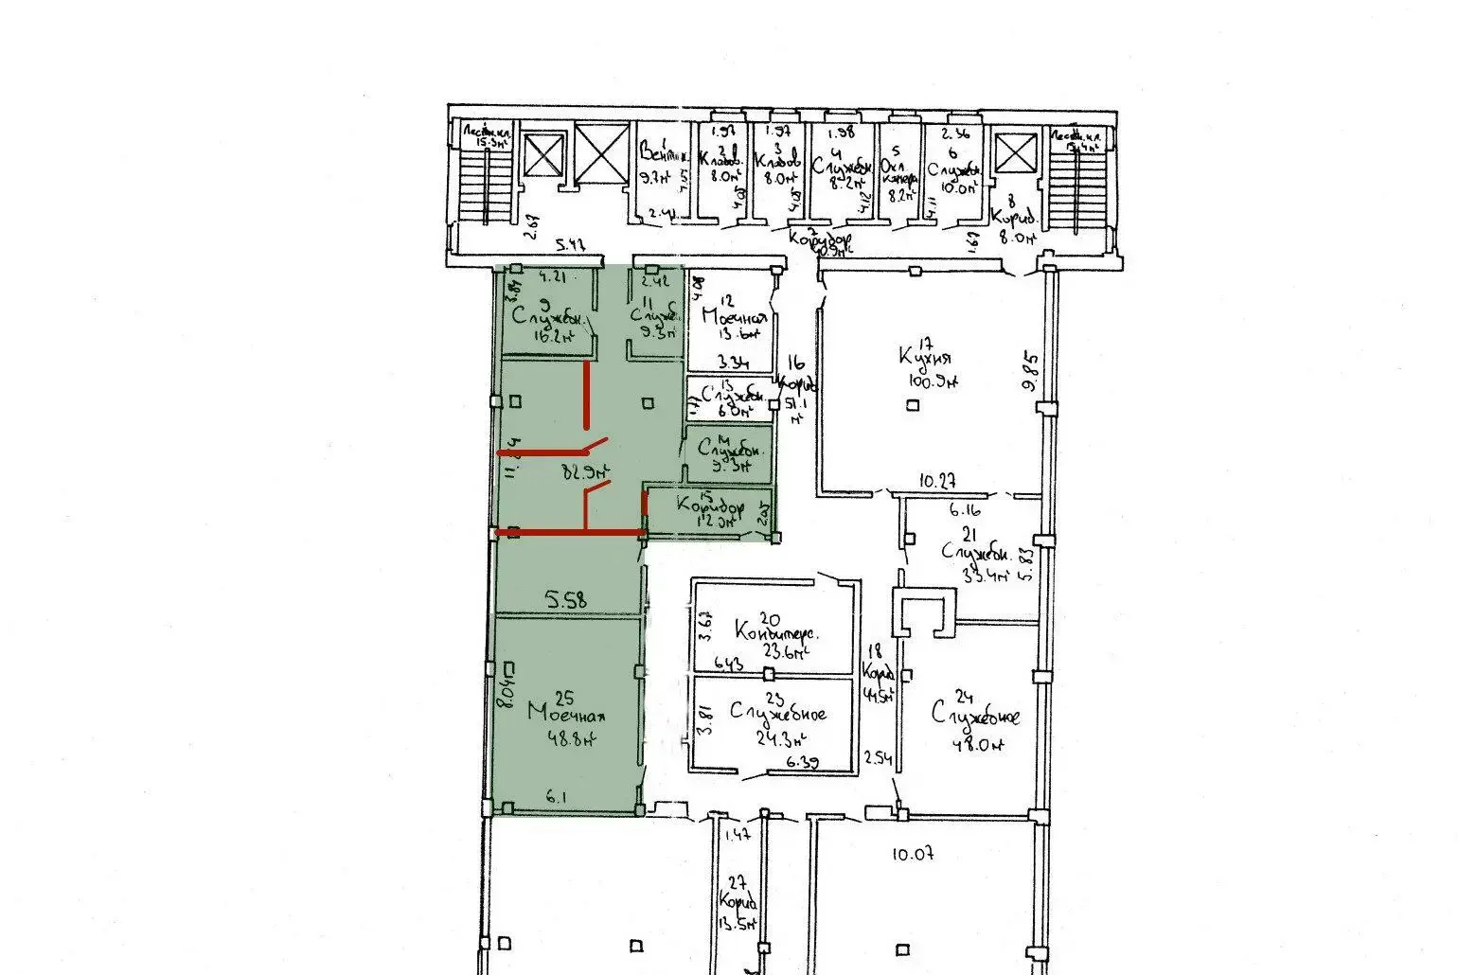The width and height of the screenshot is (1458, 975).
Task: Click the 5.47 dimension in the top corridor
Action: (x=569, y=244)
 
